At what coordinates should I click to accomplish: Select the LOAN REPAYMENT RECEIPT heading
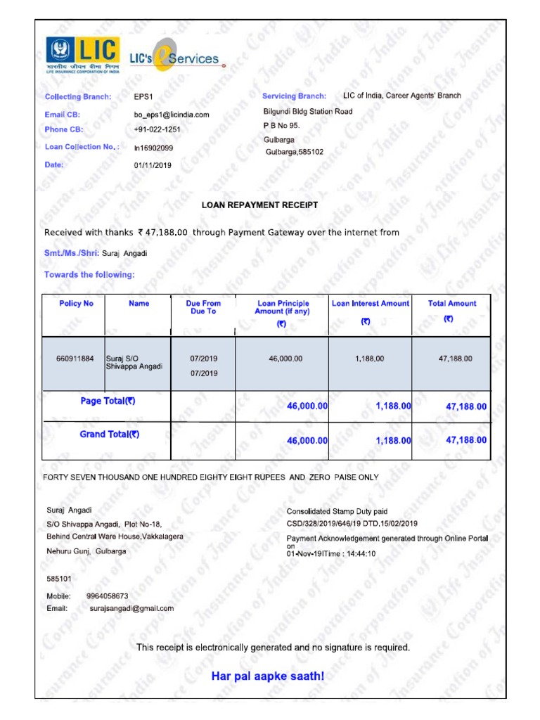259,205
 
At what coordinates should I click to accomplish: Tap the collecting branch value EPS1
143,97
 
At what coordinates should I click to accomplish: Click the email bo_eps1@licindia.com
171,115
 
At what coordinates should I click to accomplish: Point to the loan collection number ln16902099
153,148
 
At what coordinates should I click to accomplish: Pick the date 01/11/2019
152,166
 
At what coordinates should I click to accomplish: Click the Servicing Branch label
294,96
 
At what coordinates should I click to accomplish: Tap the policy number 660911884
75,359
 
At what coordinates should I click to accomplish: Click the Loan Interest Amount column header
370,304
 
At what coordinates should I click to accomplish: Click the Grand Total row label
109,435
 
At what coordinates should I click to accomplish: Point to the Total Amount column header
451,304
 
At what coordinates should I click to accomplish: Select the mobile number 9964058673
107,596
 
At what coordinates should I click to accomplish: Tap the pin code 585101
58,579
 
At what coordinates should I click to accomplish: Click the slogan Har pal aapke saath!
268,676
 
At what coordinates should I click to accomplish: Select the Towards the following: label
89,275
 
